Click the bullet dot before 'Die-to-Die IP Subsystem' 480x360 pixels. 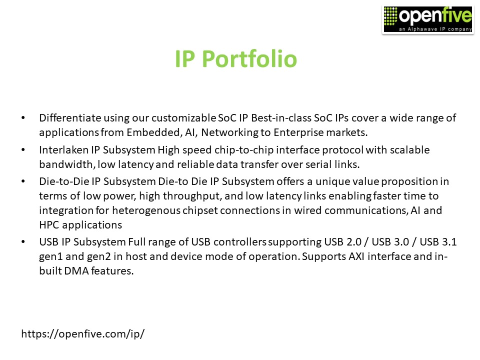(23, 181)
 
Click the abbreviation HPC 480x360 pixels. (50, 224)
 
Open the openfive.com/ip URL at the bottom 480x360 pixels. (83, 333)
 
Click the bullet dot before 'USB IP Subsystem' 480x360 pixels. (23, 242)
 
